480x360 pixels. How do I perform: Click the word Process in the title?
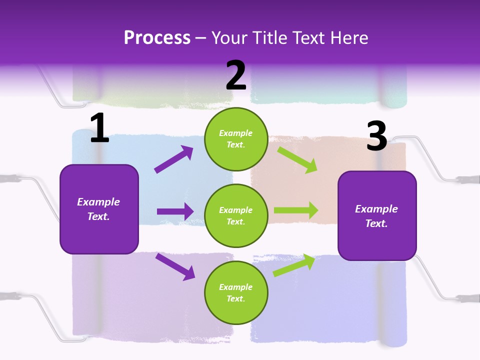point(157,38)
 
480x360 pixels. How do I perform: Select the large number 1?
point(99,128)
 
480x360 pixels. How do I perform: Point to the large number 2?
point(236,75)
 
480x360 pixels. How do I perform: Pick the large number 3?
point(376,136)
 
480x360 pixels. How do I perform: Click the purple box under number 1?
point(99,209)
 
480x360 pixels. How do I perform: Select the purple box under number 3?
point(377,215)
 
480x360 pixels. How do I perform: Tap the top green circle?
point(236,139)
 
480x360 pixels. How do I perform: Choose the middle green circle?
point(236,215)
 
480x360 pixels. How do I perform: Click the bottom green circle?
point(236,292)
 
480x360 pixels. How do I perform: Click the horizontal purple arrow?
point(175,211)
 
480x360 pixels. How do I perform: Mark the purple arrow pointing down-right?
point(175,266)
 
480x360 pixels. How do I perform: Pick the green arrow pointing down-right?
point(298,159)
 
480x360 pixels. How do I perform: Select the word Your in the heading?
point(227,38)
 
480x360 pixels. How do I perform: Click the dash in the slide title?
point(201,38)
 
